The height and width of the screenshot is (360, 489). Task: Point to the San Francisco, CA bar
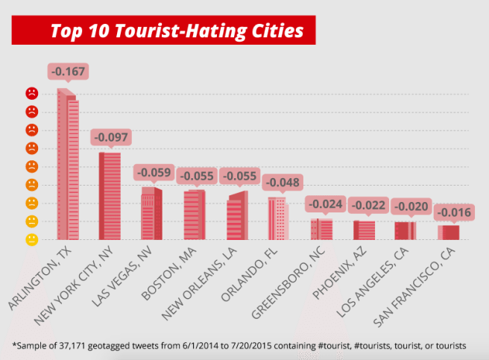[x=448, y=232]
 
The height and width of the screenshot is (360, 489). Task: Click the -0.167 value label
[x=68, y=72]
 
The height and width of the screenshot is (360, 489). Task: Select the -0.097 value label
[x=110, y=138]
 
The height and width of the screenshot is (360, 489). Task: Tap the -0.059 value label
[x=153, y=173]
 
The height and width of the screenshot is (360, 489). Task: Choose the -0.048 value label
[x=280, y=183]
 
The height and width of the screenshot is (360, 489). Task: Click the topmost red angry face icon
[x=32, y=94]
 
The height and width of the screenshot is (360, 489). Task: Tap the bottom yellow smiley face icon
[x=32, y=239]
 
